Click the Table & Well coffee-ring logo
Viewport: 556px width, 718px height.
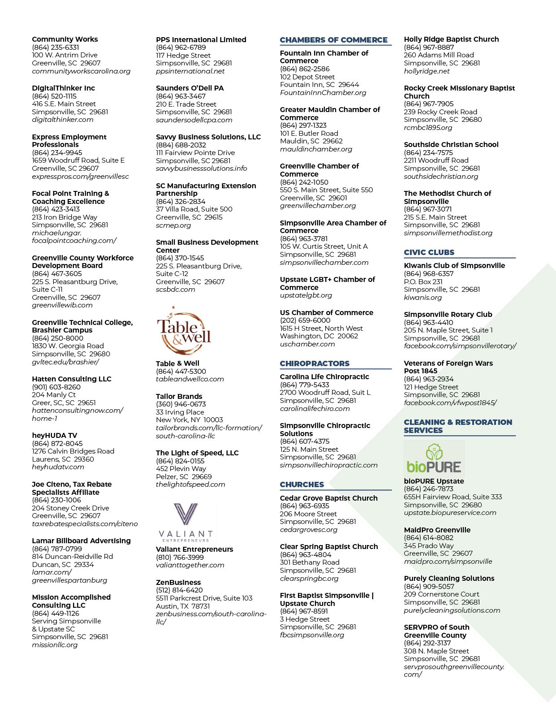[x=184, y=331]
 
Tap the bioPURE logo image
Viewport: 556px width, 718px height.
[x=434, y=458]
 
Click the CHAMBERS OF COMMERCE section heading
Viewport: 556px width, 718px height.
[x=333, y=40]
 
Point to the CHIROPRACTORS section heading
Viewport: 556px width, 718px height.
[x=315, y=363]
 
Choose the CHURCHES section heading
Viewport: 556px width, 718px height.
[x=302, y=484]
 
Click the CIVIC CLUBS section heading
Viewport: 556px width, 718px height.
[x=429, y=252]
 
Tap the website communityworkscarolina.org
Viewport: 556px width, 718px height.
[x=81, y=71]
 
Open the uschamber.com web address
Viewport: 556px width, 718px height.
[x=307, y=344]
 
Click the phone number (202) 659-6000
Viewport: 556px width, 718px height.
[x=305, y=320]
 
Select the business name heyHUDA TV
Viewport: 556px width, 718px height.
[x=54, y=436]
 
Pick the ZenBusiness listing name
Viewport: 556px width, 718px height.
[x=178, y=582]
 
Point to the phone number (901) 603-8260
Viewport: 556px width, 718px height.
[x=56, y=387]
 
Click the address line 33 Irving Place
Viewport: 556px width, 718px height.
[x=180, y=412]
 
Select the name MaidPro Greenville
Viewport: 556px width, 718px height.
[x=437, y=530]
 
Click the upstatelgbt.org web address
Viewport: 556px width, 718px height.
[x=306, y=295]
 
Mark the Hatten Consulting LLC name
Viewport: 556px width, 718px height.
[x=71, y=379]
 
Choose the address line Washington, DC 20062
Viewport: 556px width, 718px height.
[x=319, y=336]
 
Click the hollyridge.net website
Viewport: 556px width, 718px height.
[x=427, y=71]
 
